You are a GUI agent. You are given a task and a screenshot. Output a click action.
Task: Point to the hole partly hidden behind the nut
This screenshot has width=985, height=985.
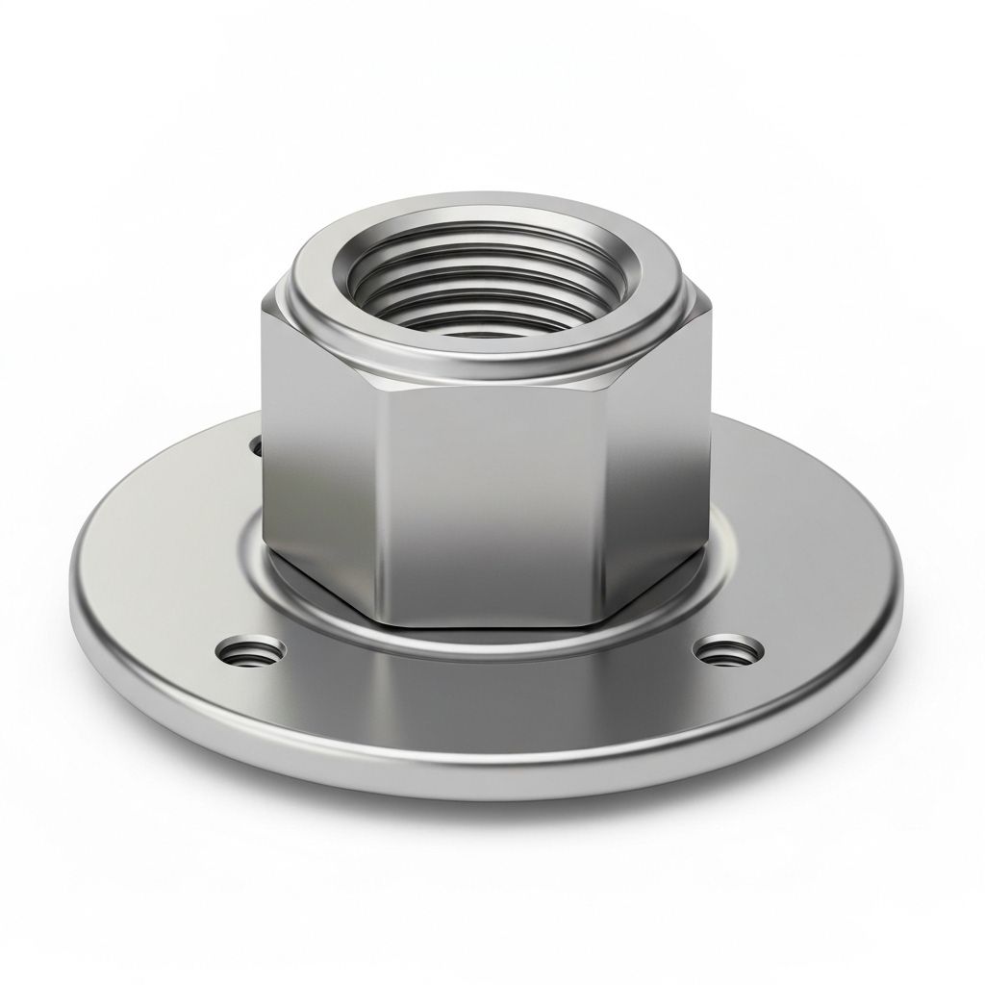(256, 446)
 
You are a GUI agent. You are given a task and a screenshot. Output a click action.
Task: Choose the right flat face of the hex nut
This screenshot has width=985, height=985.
(664, 452)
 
